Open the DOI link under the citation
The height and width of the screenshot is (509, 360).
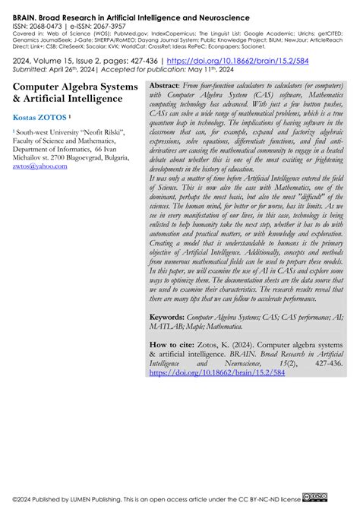click(206, 374)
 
